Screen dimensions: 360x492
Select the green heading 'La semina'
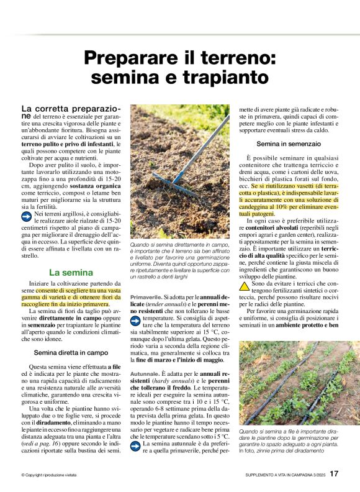pos(71,272)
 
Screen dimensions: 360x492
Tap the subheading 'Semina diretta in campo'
pos(71,352)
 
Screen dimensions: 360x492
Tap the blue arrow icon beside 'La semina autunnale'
pos(135,445)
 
